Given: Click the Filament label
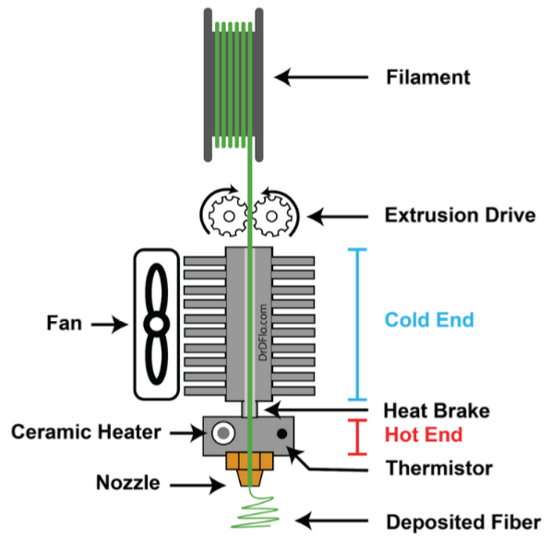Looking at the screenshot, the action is (x=427, y=78).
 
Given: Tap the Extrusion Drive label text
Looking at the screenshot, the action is (x=460, y=215).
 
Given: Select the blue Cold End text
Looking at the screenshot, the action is (x=429, y=320).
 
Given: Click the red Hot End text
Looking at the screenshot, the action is (x=424, y=435).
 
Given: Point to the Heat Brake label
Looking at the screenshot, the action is (x=436, y=411).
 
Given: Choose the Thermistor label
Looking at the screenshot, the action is (x=439, y=468).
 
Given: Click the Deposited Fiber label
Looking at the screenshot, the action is (x=463, y=522).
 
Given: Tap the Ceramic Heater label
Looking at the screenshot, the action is (x=86, y=432).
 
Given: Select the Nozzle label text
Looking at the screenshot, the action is (x=128, y=483).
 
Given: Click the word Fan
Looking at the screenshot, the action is (x=65, y=323).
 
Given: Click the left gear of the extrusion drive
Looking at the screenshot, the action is (x=228, y=216).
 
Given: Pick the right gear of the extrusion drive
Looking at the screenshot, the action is (x=272, y=216).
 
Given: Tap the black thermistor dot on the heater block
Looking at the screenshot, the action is (x=282, y=434).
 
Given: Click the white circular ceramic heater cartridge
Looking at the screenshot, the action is (x=223, y=433).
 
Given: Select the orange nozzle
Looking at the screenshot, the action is (x=249, y=469).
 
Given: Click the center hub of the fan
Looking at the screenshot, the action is (x=157, y=324).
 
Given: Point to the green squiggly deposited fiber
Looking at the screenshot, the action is (x=255, y=509).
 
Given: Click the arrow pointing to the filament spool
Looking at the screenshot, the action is (x=321, y=78).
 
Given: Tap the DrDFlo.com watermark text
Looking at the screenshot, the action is (x=263, y=332).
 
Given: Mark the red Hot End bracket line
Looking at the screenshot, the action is (x=357, y=436).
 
